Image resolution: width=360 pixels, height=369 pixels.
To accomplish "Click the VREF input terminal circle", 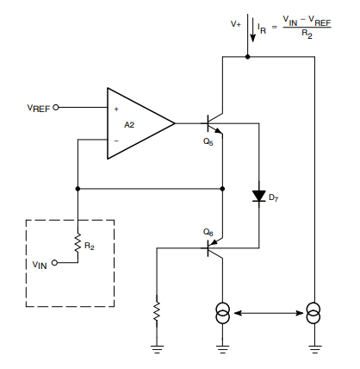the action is coord(56,108).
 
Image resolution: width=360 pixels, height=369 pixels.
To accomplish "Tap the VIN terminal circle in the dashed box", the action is coord(54,263).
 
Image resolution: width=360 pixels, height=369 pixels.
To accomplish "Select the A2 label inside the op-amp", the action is coord(129,125).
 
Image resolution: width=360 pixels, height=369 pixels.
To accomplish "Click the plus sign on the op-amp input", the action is coord(116,109).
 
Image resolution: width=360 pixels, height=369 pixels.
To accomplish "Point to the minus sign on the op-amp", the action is coord(116,141).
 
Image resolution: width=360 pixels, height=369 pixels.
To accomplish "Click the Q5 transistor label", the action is coord(208,141).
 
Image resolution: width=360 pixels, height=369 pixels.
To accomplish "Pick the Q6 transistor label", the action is coord(208,232).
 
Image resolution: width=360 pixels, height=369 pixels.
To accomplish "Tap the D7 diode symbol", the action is coord(259,196).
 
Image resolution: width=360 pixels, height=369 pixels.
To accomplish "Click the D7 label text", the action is coord(273,197).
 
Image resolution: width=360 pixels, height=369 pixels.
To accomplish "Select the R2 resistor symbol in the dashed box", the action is coord(78,243).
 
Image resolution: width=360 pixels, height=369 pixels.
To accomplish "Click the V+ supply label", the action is coord(236,24).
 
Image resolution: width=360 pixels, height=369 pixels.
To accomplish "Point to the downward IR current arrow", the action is coord(252,30).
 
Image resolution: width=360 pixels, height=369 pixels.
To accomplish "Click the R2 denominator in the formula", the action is coord(307,34).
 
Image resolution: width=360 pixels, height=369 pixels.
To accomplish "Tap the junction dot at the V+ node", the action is coord(247,57).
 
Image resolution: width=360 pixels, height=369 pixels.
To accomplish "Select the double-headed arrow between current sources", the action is coord(269,313).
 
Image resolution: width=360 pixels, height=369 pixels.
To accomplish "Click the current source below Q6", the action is coord(222,313).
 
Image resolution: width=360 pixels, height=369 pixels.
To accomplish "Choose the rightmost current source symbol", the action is coord(314,313).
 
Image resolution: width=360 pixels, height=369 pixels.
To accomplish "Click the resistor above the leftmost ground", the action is coord(157,311).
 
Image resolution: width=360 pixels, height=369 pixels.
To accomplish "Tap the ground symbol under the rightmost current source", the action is coord(314,349).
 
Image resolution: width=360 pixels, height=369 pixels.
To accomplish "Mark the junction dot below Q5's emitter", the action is coord(222,189).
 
